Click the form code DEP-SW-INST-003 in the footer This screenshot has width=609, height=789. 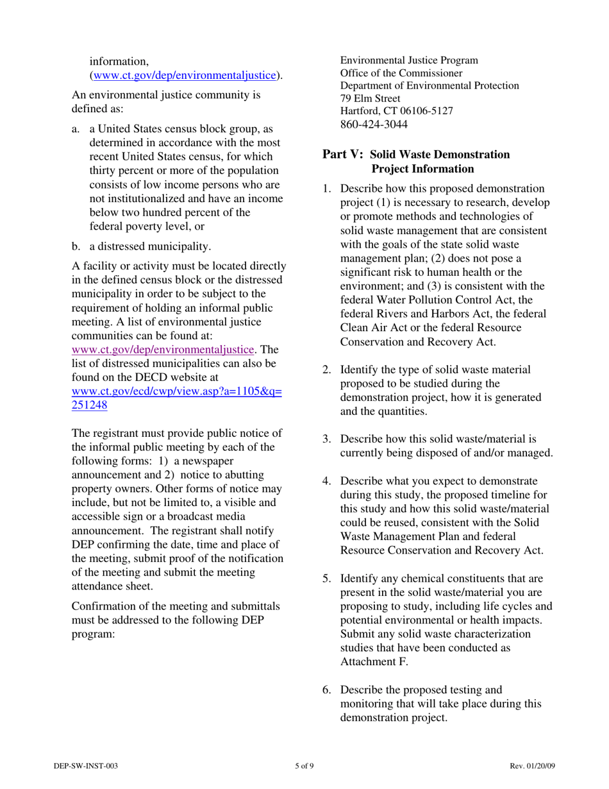[x=85, y=765]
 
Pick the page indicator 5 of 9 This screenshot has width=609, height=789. [x=304, y=765]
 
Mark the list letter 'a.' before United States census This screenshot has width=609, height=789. [x=76, y=129]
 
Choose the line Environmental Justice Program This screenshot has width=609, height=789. [x=408, y=60]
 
